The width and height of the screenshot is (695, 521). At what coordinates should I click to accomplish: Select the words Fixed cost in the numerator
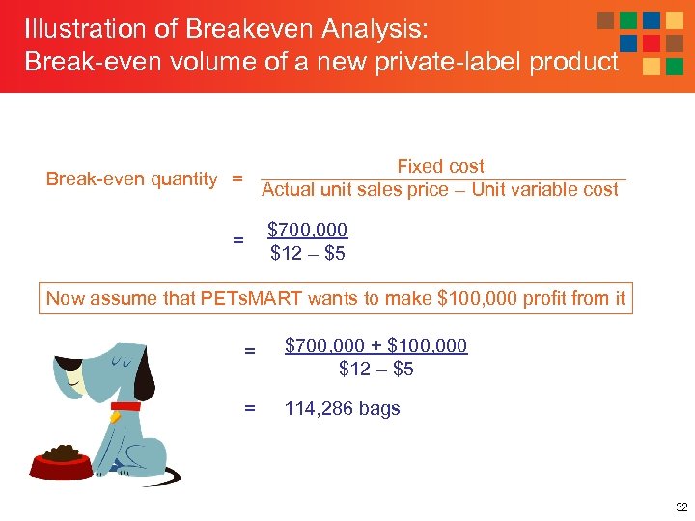coord(440,167)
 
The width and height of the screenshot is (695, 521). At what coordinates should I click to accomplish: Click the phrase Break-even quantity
coord(132,179)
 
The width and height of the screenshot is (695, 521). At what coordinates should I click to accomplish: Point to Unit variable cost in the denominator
coord(544,190)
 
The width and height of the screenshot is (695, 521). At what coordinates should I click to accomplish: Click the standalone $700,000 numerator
coord(307,231)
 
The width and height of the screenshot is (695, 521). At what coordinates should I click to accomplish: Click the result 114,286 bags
coord(342,409)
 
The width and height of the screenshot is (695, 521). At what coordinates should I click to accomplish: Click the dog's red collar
coord(125,406)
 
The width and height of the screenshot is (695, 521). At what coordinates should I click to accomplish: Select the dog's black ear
coord(144,371)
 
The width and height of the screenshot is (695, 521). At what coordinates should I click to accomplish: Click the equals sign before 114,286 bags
coord(249,409)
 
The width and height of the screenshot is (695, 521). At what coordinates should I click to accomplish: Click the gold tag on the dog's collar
coord(115,417)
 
